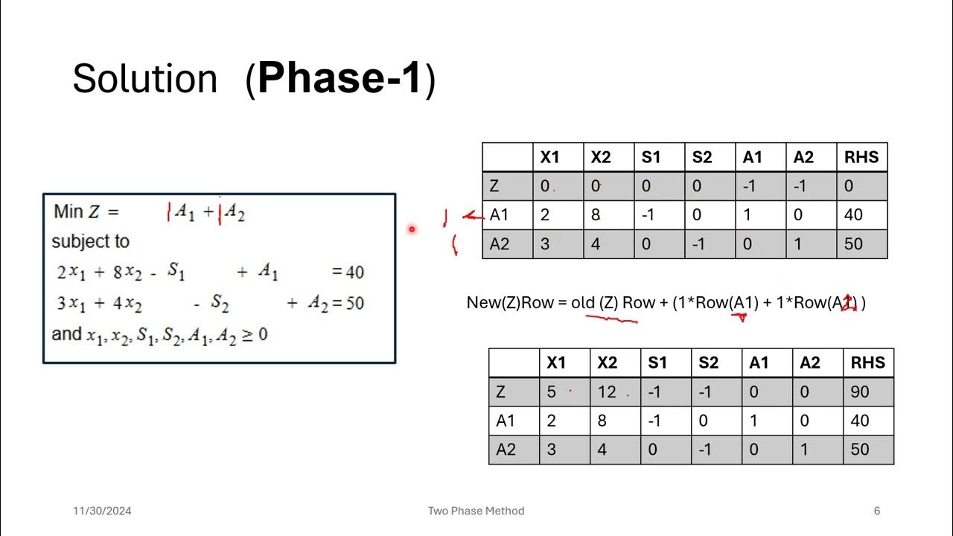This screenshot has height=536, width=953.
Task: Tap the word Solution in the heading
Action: (x=144, y=79)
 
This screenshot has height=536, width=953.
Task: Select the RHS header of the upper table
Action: (x=861, y=157)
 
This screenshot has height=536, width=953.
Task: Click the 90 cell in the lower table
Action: (x=859, y=392)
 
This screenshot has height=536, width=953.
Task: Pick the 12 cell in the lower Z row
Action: (x=608, y=392)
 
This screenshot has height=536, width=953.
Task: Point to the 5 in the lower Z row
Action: (x=552, y=392)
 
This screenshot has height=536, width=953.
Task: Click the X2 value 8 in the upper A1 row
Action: (x=596, y=215)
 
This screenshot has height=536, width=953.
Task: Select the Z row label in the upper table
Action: (x=494, y=186)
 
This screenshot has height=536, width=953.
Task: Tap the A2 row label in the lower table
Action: (x=506, y=450)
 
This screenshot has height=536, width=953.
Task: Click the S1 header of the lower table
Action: (x=657, y=363)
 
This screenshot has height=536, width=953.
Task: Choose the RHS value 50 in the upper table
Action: (x=853, y=244)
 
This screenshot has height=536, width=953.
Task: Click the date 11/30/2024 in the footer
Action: (x=102, y=511)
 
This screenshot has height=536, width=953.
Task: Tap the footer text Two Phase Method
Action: (x=476, y=511)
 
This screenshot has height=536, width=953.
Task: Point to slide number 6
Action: (x=877, y=511)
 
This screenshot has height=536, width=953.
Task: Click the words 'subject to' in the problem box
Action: (x=90, y=242)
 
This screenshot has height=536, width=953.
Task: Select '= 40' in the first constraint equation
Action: (x=348, y=272)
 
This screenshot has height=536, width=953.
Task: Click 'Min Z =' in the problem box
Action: (x=86, y=211)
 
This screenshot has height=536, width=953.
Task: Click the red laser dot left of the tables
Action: (x=411, y=229)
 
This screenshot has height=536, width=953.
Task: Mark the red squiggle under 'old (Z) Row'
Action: (x=612, y=319)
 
